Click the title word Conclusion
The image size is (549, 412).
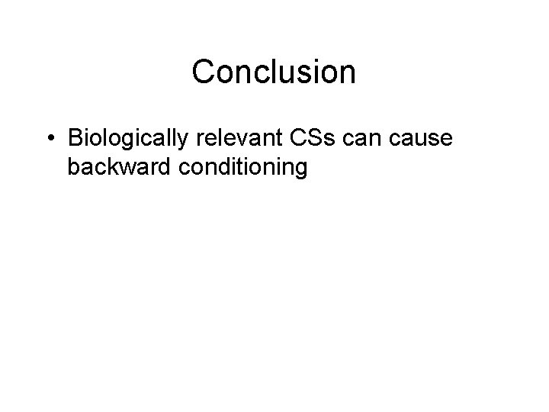274,72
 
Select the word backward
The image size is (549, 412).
121,167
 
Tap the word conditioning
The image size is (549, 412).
245,168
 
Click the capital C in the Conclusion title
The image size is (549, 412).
203,72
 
